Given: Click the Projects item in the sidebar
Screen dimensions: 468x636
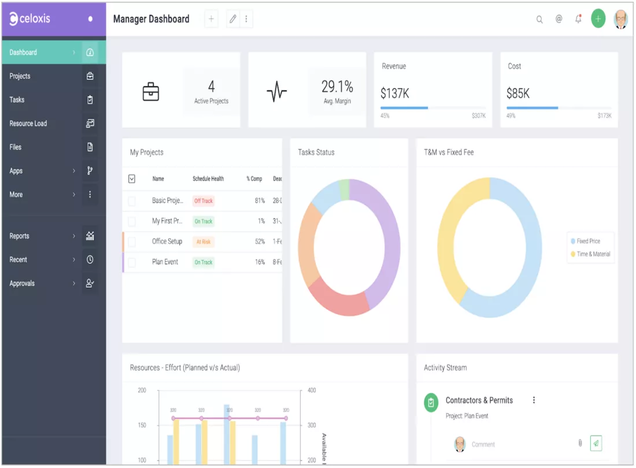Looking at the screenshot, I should (20, 76).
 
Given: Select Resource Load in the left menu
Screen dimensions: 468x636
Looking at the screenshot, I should (28, 124).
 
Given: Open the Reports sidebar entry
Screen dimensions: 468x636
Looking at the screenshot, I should (20, 236).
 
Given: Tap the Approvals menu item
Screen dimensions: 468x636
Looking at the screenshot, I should (23, 284).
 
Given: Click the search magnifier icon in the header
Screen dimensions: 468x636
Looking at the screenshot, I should (539, 20).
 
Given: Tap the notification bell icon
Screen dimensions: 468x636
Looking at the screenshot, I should (578, 19).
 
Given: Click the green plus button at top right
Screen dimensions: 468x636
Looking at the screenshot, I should (598, 19).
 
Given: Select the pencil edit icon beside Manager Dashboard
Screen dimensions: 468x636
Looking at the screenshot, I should (233, 19).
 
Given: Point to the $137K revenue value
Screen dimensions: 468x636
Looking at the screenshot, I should (395, 94).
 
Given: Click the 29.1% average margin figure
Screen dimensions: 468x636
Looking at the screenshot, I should (337, 87).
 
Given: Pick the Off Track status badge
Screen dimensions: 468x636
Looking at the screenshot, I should (204, 201).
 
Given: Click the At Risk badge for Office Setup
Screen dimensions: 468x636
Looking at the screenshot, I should (204, 242).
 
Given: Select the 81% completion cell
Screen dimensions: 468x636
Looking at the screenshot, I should (260, 201).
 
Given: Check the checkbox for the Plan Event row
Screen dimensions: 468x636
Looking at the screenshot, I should (132, 262).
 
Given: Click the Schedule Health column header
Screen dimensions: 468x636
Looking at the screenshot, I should (208, 179).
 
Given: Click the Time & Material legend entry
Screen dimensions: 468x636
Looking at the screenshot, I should (593, 254).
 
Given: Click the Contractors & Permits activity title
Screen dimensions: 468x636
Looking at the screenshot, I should (479, 400).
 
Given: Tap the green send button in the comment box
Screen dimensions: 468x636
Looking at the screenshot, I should (596, 443).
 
